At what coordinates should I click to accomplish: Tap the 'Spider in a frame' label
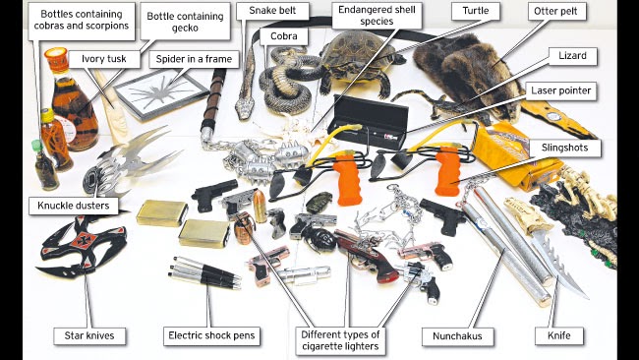[195, 59]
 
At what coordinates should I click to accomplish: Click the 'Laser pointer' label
[562, 89]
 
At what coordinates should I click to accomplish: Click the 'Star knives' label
[85, 336]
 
